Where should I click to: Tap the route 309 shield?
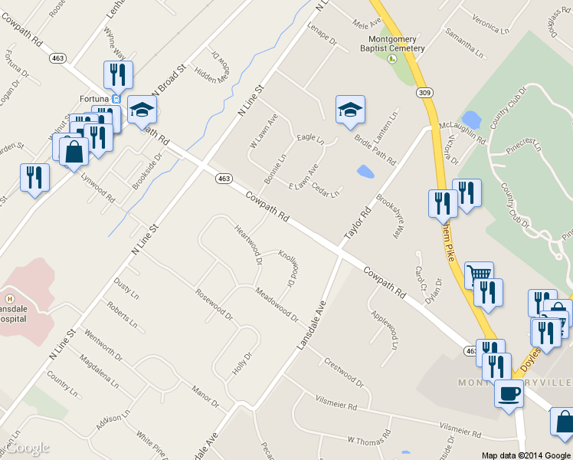(x=423, y=93)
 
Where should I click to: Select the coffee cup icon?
(x=509, y=394)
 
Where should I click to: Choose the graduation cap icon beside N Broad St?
(x=142, y=110)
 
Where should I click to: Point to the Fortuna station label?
(x=95, y=98)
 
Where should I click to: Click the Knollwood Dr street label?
(x=290, y=267)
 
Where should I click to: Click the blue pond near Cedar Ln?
(x=365, y=172)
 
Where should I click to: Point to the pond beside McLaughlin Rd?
(x=471, y=120)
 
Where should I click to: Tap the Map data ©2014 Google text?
(x=526, y=455)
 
